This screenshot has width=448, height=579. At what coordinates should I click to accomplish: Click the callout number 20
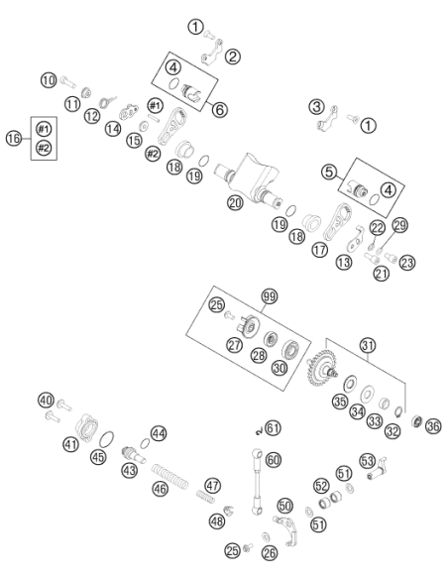(x=235, y=202)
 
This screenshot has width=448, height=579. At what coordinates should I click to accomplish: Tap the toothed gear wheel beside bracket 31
(x=322, y=368)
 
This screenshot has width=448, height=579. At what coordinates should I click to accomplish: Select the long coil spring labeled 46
(x=170, y=475)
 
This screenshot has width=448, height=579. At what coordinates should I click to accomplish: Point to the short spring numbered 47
(x=205, y=497)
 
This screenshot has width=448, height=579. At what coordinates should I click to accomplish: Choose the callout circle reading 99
(x=270, y=296)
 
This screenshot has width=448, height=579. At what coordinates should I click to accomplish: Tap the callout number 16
(x=14, y=139)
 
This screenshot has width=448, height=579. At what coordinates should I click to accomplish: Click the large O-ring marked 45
(x=107, y=439)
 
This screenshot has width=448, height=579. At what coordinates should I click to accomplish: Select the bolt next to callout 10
(x=68, y=82)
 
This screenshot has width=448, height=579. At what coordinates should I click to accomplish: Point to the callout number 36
(x=433, y=426)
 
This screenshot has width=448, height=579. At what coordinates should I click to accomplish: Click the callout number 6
(x=220, y=109)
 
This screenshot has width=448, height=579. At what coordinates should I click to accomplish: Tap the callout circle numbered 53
(x=367, y=461)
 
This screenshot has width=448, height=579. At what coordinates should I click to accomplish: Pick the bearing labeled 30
(x=291, y=349)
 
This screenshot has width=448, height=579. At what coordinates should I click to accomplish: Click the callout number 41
(x=70, y=443)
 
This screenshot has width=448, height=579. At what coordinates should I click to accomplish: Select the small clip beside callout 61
(x=260, y=430)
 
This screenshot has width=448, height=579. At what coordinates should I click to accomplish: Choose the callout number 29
(x=399, y=225)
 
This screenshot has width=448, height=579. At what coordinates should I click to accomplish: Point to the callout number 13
(x=344, y=262)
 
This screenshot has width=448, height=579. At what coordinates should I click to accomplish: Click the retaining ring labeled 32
(x=398, y=411)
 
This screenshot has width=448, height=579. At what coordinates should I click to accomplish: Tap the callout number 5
(x=329, y=172)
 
